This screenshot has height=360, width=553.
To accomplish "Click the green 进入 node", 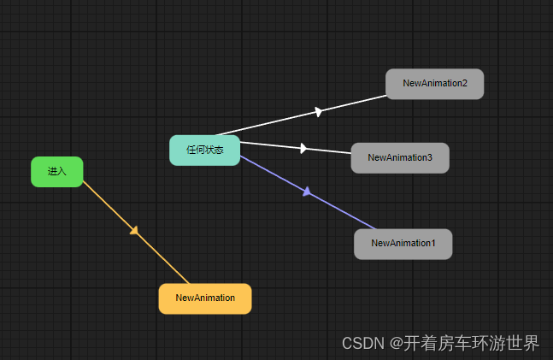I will [x=56, y=171].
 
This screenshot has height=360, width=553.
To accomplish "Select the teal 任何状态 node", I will [x=204, y=150].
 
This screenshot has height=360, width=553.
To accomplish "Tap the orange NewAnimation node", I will [x=205, y=298].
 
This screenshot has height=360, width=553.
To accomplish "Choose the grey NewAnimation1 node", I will [x=403, y=244].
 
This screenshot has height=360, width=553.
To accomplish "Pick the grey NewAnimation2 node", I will [x=434, y=84].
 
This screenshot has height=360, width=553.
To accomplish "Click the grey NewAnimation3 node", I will [x=399, y=157].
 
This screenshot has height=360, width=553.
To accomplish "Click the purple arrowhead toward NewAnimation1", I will [x=307, y=192].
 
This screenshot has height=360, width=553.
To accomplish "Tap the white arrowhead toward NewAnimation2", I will [x=318, y=112].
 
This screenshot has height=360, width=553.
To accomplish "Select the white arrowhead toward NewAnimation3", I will [x=303, y=148].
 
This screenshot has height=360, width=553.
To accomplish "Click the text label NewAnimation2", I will [x=435, y=84].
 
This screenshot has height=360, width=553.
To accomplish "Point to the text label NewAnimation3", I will [x=400, y=157].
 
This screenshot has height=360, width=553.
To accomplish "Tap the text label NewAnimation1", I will [x=403, y=244].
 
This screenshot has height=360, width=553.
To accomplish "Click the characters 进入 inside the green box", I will [x=56, y=171].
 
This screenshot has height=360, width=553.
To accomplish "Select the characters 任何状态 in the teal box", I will [x=204, y=150].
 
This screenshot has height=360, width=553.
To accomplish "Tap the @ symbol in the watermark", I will [x=397, y=344].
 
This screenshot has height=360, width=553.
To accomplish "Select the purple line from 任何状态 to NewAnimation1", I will [x=342, y=210].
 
